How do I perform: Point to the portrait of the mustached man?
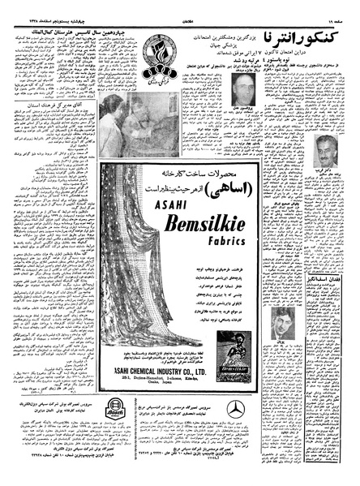pyautogui.click(x=326, y=152)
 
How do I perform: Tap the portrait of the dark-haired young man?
pyautogui.click(x=282, y=322)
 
